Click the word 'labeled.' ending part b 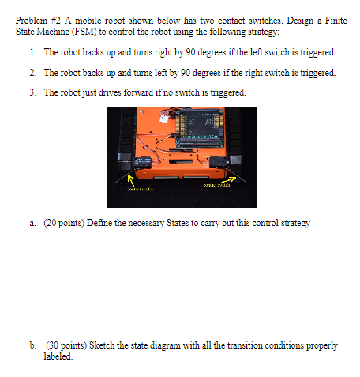click(58, 356)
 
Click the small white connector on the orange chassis click(167, 116)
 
